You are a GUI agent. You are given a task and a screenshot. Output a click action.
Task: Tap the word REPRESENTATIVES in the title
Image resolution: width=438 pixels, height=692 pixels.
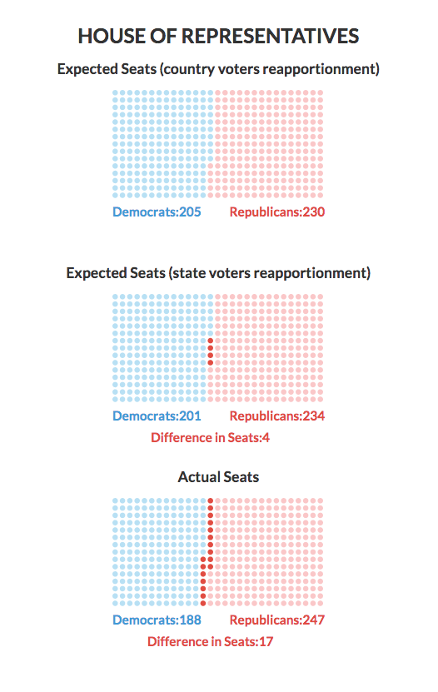[x=270, y=36]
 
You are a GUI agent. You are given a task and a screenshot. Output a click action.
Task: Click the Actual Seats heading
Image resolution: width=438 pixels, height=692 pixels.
[x=218, y=477]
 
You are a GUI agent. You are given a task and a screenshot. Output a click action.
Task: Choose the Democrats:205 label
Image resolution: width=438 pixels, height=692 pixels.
[x=157, y=212]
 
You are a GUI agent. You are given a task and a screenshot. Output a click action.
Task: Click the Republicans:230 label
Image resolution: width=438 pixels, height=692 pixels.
[x=277, y=212]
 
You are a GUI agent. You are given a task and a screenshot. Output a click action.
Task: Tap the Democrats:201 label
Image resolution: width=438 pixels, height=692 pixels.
[x=157, y=416]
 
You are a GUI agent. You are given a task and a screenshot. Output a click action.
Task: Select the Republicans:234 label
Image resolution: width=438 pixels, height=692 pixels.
[x=277, y=416]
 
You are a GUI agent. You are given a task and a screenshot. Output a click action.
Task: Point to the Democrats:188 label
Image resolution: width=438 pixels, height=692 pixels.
[x=157, y=620]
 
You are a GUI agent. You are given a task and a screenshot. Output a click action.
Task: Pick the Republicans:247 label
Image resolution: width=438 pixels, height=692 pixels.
[x=277, y=620]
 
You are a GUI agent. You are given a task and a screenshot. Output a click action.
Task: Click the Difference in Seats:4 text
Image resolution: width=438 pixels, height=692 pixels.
[x=210, y=437]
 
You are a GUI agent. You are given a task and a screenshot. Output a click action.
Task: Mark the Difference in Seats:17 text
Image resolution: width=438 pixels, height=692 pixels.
[x=210, y=641]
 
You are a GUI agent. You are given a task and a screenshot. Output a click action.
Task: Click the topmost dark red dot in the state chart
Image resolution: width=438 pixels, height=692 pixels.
[x=211, y=341]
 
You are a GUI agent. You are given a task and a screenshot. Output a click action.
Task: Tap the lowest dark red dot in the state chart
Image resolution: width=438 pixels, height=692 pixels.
[x=211, y=363]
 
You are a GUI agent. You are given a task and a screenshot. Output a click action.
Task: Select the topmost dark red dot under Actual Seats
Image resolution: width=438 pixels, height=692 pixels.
[x=211, y=501]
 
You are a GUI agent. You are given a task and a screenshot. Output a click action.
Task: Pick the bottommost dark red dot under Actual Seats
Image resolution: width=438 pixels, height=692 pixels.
[x=203, y=603]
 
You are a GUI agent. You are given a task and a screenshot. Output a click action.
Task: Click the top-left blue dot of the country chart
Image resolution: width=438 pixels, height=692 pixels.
[x=115, y=93]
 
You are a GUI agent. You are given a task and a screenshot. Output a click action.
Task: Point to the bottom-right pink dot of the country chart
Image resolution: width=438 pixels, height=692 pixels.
[x=321, y=195]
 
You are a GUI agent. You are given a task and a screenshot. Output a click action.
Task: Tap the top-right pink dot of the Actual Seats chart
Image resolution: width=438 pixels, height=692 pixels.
[x=321, y=501]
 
